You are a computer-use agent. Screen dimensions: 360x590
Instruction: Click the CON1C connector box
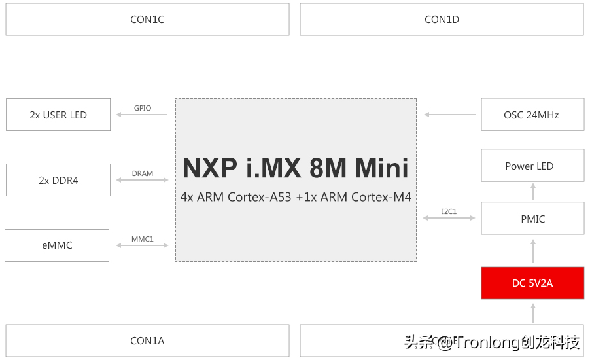tap(147, 20)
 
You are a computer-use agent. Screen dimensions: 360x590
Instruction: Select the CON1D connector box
tap(442, 20)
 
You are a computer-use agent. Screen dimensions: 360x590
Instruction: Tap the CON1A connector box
tap(147, 340)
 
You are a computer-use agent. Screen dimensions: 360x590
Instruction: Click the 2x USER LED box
tap(58, 115)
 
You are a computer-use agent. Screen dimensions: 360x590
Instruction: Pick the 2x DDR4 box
tap(58, 180)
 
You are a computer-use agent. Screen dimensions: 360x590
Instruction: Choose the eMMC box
tap(57, 245)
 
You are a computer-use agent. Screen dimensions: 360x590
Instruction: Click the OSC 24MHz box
tap(531, 115)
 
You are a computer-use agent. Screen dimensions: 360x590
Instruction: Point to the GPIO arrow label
tap(143, 108)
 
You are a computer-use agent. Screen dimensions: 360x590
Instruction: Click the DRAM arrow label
tap(143, 173)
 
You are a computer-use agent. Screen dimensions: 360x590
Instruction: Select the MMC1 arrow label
tap(143, 239)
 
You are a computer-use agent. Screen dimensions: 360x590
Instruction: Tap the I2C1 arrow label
tap(449, 211)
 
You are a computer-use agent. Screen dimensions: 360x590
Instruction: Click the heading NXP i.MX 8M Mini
tap(296, 168)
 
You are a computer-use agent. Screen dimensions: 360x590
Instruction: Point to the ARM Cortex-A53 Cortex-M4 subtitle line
tap(296, 197)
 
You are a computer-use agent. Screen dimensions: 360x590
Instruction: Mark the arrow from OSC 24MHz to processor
tap(450, 115)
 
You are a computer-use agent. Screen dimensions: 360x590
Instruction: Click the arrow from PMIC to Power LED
tap(533, 191)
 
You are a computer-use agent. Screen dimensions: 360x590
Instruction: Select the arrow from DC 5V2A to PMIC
tap(533, 251)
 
